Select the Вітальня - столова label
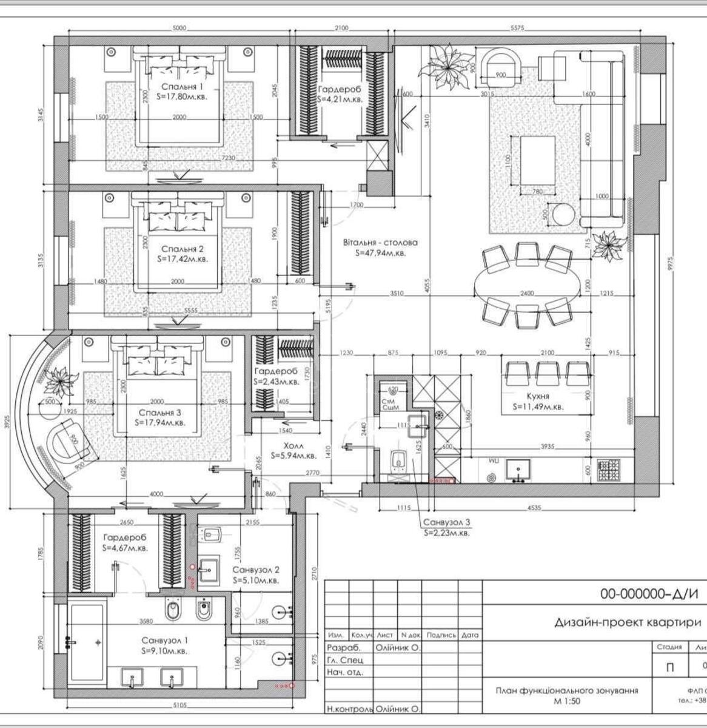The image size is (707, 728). (380, 242)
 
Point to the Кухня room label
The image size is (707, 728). (538, 396)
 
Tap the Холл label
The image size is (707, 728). (293, 445)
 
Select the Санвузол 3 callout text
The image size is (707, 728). (447, 523)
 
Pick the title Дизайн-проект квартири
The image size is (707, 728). (628, 622)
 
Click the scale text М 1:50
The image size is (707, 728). (566, 701)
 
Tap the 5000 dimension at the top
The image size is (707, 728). (179, 27)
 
